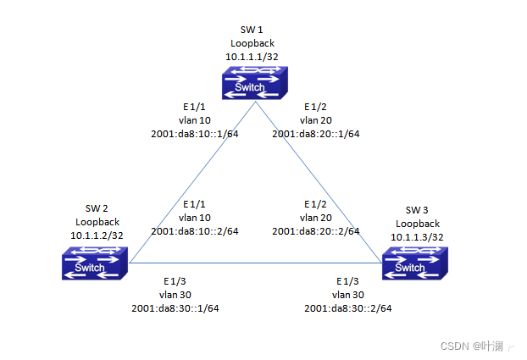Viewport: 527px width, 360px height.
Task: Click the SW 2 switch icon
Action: (93, 264)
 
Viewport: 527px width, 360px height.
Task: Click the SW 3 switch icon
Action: (413, 264)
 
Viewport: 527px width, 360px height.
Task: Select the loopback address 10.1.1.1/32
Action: (252, 57)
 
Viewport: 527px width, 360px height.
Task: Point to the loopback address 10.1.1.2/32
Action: (96, 235)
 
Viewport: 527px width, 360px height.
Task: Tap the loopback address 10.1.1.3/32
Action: (416, 237)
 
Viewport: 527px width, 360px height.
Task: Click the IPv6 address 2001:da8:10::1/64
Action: (194, 134)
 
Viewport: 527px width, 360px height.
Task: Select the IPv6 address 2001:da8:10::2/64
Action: (194, 231)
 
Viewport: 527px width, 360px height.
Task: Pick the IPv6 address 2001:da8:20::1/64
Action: (316, 134)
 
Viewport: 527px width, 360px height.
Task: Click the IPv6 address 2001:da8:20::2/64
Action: (316, 231)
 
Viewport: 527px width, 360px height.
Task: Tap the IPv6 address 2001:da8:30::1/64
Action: (175, 307)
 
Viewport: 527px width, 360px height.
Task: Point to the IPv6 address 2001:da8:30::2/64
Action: (348, 307)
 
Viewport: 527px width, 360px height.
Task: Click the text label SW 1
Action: (252, 29)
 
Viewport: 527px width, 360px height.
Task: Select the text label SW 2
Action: (96, 208)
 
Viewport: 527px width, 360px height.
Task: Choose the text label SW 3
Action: (416, 210)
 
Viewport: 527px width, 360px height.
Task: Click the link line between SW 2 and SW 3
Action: (254, 263)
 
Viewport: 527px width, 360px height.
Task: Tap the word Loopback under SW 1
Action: (252, 42)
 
